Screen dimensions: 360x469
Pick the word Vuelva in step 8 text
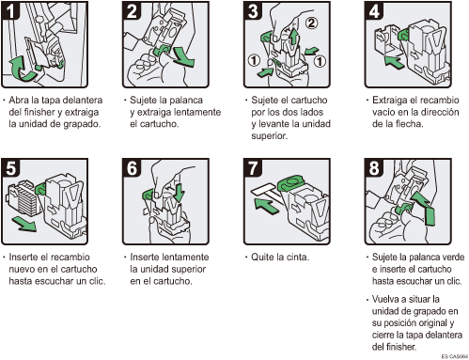(386, 297)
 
